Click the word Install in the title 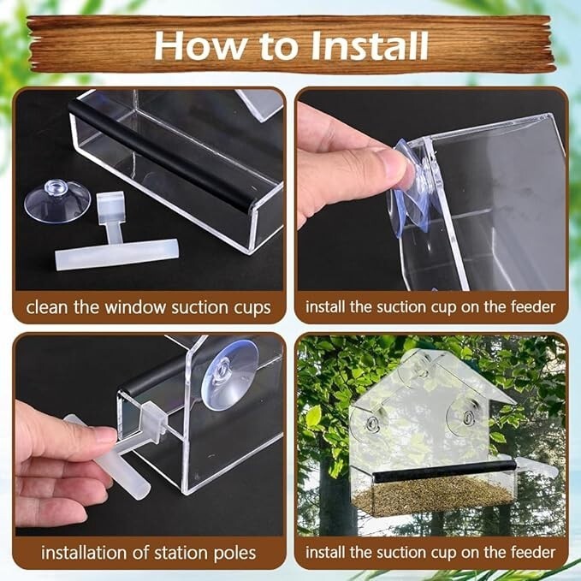[370, 45]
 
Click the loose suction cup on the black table [57, 201]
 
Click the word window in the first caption [135, 307]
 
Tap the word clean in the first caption [48, 307]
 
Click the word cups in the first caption [252, 309]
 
